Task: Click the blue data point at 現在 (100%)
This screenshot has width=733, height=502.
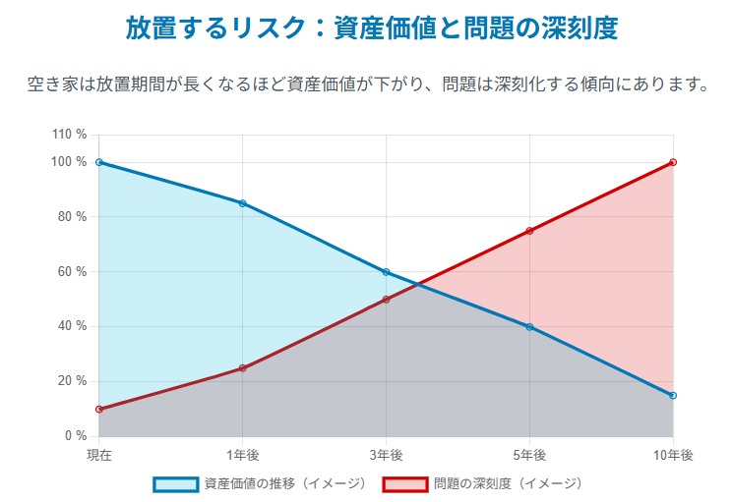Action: coord(99,162)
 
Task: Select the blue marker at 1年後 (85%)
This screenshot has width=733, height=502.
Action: coord(243,203)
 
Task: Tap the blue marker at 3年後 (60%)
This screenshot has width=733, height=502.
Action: coord(386,272)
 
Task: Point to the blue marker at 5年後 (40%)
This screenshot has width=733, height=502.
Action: coord(529,326)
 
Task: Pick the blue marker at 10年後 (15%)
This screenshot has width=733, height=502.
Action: coord(673,395)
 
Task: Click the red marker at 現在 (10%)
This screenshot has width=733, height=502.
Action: coord(99,409)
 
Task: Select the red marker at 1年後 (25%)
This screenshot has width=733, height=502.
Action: coord(243,368)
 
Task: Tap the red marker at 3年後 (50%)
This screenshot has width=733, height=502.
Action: coord(386,300)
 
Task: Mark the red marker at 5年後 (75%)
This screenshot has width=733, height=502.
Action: coord(529,231)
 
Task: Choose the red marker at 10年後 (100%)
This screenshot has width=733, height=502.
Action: coord(673,162)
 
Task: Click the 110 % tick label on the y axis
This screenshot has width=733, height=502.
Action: coord(69,135)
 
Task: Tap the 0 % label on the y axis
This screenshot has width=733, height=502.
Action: coord(76,436)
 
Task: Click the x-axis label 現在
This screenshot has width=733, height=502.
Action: coord(99,455)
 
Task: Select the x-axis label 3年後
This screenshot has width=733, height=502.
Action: coord(386,455)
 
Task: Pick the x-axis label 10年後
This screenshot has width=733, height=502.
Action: coord(673,455)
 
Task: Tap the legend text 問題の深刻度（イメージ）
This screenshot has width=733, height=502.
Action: coord(508,483)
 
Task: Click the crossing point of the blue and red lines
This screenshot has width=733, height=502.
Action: coord(419,284)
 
